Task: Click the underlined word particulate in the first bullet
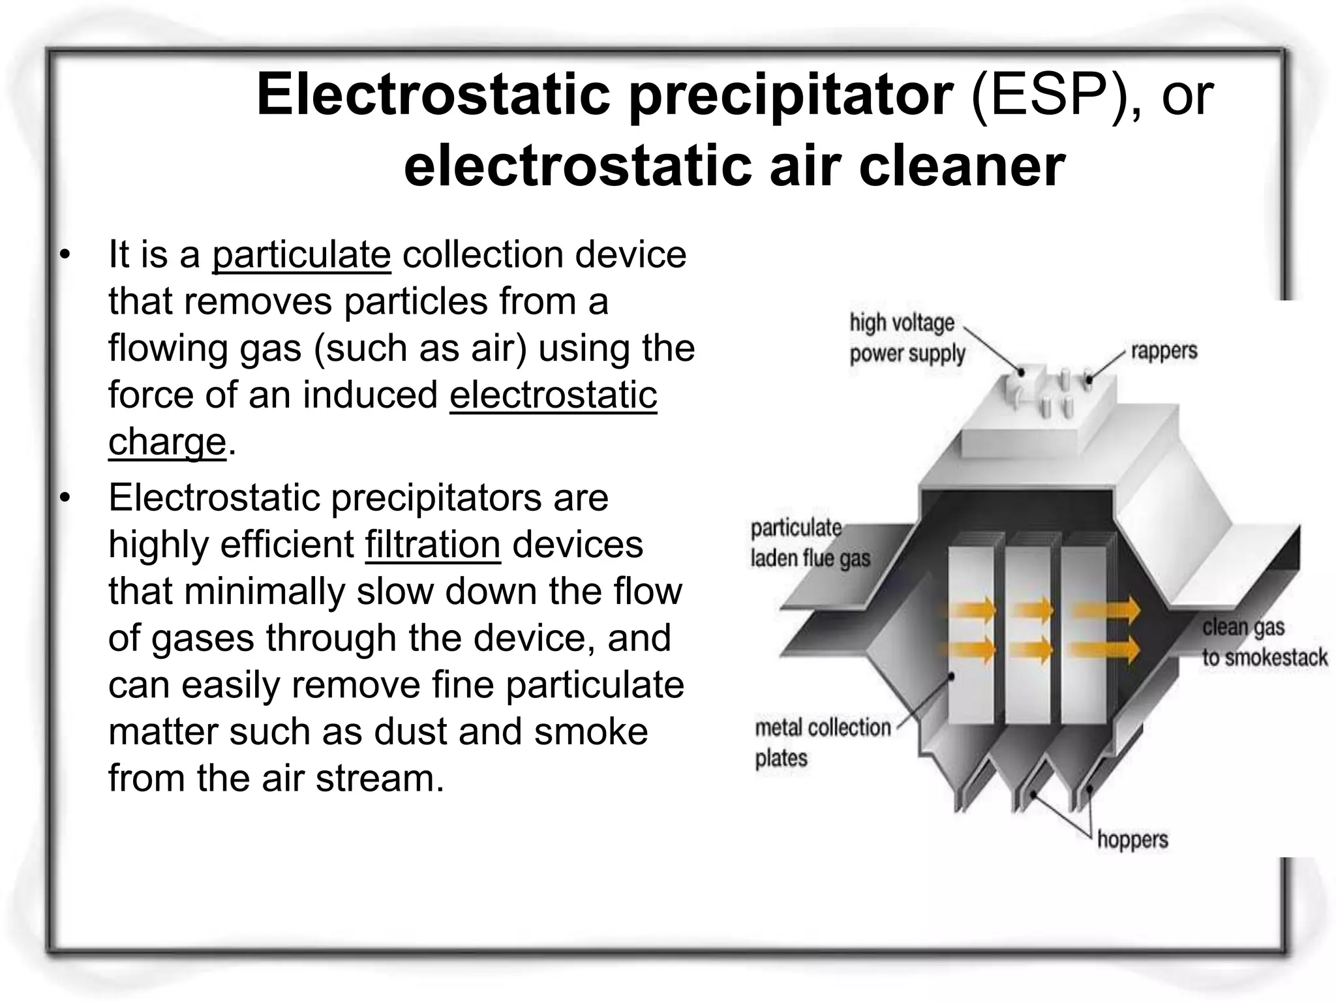[301, 254]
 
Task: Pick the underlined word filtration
[433, 545]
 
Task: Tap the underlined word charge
[167, 442]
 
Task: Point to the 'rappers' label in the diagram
[1164, 351]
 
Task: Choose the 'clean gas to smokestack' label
[1264, 643]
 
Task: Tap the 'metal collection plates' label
[822, 742]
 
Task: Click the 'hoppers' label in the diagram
[1132, 839]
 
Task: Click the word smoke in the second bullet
[591, 732]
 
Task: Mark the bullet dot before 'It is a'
[64, 256]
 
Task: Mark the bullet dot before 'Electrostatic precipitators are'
[64, 498]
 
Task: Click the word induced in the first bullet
[370, 395]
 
